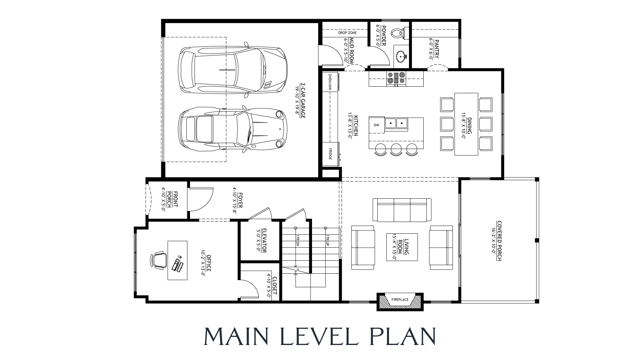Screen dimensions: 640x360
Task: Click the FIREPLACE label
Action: pos(400,300)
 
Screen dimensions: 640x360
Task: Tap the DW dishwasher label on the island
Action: pos(376,125)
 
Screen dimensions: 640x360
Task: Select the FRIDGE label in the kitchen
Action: pos(330,154)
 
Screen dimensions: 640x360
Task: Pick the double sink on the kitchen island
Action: pos(396,124)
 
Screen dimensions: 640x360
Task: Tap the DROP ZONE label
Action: pos(347,33)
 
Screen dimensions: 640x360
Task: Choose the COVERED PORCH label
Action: pos(499,241)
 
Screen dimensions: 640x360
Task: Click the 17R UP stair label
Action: pos(328,241)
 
